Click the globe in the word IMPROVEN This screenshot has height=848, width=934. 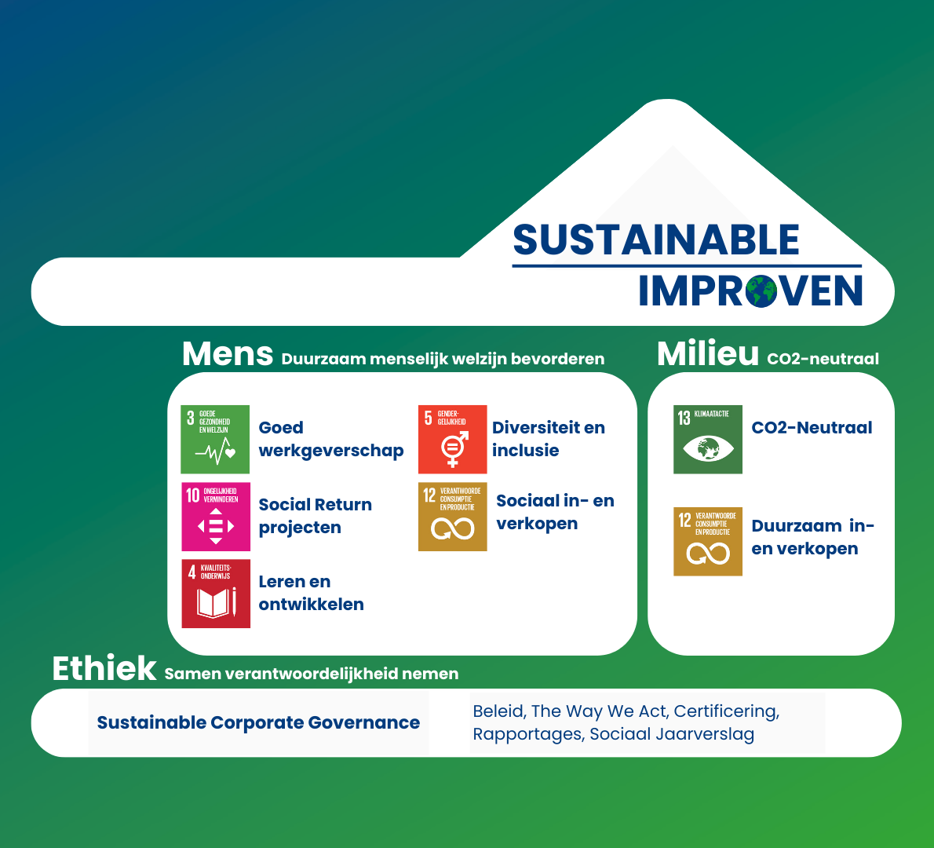tap(761, 291)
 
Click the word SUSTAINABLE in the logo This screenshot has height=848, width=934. tap(656, 240)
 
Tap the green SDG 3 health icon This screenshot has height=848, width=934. tap(215, 439)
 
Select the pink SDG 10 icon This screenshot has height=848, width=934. tap(216, 517)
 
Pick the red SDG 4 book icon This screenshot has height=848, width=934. tap(216, 594)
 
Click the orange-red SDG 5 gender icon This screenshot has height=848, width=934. tap(453, 439)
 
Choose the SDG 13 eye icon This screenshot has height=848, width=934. tap(708, 440)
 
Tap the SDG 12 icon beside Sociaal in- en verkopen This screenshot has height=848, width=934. tap(453, 517)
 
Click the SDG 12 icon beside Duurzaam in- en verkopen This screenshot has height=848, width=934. tap(708, 542)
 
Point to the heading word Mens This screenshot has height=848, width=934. tap(228, 354)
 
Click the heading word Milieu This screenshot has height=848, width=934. tap(708, 354)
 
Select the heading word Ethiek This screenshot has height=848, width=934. tap(104, 668)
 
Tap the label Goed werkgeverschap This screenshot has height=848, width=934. tap(330, 439)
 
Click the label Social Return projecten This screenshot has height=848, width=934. tap(315, 516)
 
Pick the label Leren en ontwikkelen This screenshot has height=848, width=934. tap(311, 593)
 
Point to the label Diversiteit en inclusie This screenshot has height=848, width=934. tap(549, 439)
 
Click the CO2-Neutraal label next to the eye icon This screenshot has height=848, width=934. tap(812, 427)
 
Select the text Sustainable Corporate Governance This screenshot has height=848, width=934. tap(258, 722)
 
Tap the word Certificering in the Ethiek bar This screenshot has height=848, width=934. tap(727, 711)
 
